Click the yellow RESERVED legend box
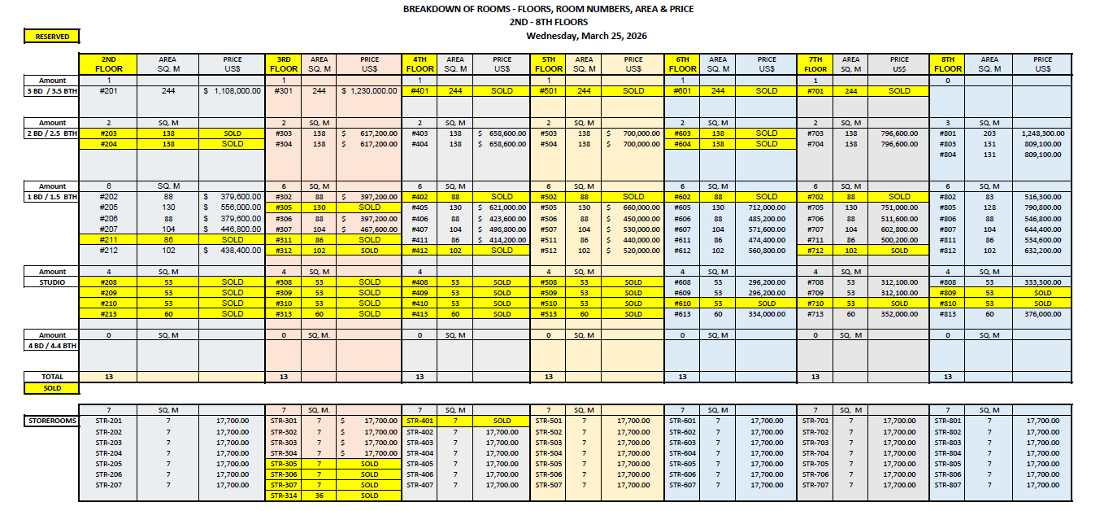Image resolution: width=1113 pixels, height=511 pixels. [52, 37]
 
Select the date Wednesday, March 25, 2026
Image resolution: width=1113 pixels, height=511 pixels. [586, 36]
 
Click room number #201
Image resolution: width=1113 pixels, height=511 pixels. [108, 91]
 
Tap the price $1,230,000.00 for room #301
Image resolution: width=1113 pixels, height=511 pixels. [370, 91]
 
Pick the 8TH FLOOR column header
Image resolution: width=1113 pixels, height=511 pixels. [948, 64]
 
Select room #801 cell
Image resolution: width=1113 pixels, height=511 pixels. [948, 133]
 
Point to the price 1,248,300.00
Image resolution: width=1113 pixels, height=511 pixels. [1042, 133]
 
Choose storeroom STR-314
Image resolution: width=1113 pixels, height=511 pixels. [285, 496]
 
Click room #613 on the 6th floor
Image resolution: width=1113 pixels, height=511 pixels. [682, 314]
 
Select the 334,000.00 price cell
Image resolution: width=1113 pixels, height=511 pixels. [767, 314]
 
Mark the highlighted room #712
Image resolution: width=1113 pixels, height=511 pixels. [815, 251]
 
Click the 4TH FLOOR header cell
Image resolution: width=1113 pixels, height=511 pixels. [420, 64]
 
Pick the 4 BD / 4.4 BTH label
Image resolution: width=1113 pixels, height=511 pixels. [51, 346]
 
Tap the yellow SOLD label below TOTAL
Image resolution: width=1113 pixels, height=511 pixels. [52, 388]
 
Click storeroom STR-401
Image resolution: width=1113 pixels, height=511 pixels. [420, 421]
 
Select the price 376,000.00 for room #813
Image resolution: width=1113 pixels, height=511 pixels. [1042, 314]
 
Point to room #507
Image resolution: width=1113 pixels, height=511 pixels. [549, 229]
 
